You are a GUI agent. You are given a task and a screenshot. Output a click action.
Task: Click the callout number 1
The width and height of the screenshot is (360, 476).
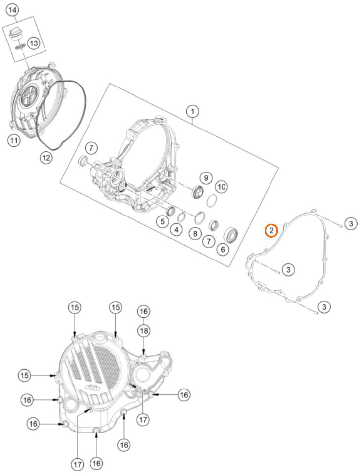[x=192, y=111]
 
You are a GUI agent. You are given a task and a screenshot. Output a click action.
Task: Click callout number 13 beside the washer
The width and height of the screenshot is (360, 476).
[x=33, y=43]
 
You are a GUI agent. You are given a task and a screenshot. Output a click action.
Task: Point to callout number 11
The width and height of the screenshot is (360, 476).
[x=14, y=141]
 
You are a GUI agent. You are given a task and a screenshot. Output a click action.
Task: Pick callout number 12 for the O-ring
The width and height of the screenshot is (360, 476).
[x=46, y=158]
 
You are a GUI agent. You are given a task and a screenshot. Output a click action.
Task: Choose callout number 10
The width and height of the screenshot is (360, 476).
[x=221, y=187]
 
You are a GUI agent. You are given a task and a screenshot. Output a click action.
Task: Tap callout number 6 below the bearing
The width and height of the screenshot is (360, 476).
[x=223, y=250]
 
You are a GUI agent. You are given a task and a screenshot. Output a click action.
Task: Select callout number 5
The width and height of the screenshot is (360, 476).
[x=162, y=222]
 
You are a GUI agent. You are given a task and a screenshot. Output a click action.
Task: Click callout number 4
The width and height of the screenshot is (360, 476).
[x=175, y=229]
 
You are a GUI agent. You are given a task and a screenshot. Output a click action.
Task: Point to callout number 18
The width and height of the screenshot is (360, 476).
[x=143, y=330]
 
